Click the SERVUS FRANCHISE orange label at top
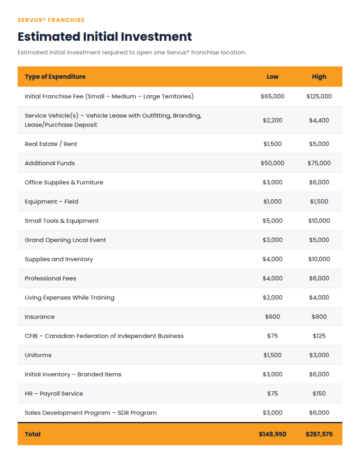51,20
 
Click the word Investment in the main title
156,36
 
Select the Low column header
272,77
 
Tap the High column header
319,77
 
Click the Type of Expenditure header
55,77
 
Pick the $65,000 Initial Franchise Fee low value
272,96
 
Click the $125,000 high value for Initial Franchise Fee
319,96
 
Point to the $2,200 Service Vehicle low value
272,120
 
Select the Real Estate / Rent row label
51,144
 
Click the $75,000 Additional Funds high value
319,163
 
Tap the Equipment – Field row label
51,202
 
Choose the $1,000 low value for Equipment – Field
272,201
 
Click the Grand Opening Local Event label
65,240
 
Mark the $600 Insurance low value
272,316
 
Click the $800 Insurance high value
319,316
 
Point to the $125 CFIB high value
319,336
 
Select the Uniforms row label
38,355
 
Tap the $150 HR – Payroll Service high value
319,393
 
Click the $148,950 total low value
272,434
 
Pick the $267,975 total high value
319,434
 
